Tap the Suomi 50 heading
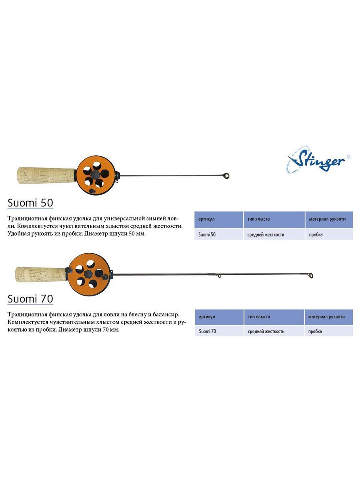coord(30,203)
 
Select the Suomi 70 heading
coord(30,299)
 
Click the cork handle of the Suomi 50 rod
coord(46,175)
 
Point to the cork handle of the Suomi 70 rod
coord(41,274)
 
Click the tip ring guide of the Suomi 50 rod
coord(226,175)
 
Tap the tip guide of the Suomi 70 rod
coord(310,276)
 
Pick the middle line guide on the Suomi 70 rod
coord(219,276)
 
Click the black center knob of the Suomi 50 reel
coord(95,174)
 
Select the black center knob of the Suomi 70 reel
coord(89,273)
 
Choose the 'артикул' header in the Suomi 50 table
coord(206,219)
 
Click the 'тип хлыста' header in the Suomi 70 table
coord(259,317)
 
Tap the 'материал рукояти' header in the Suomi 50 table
coord(327,219)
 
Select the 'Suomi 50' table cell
coord(207,234)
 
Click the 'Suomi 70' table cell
coord(207,331)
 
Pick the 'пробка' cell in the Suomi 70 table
coord(315,332)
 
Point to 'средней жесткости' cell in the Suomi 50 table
coord(266,235)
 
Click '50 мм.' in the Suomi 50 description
coord(137,234)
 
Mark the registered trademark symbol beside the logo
coord(348,156)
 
